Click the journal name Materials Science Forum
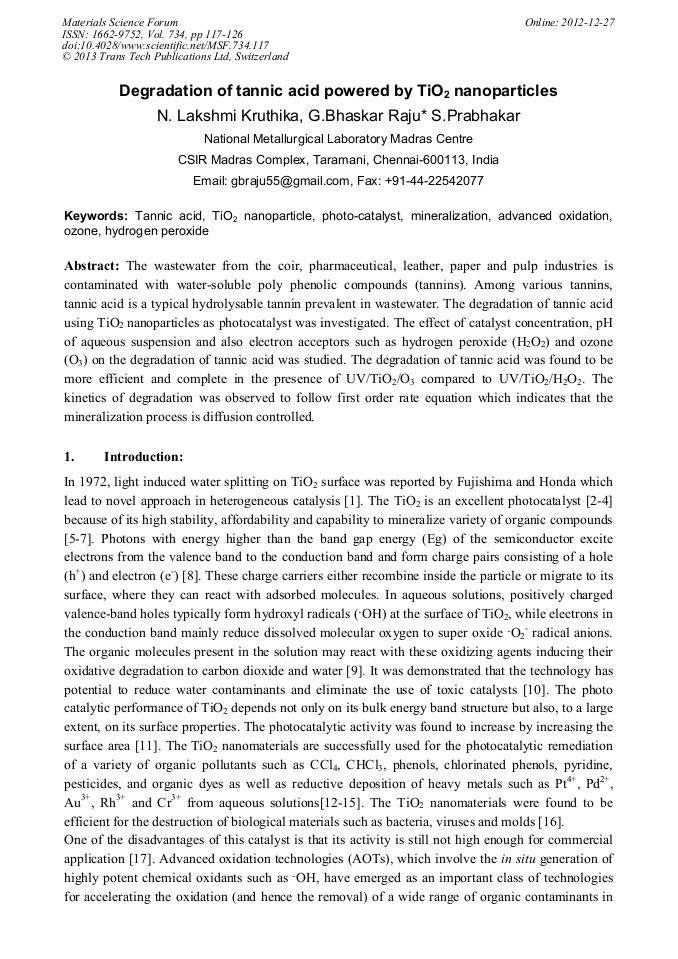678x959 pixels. pyautogui.click(x=119, y=21)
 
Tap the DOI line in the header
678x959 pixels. pyautogui.click(x=165, y=45)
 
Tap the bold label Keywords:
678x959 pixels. pyautogui.click(x=96, y=216)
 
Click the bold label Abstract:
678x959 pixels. pyautogui.click(x=92, y=266)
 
